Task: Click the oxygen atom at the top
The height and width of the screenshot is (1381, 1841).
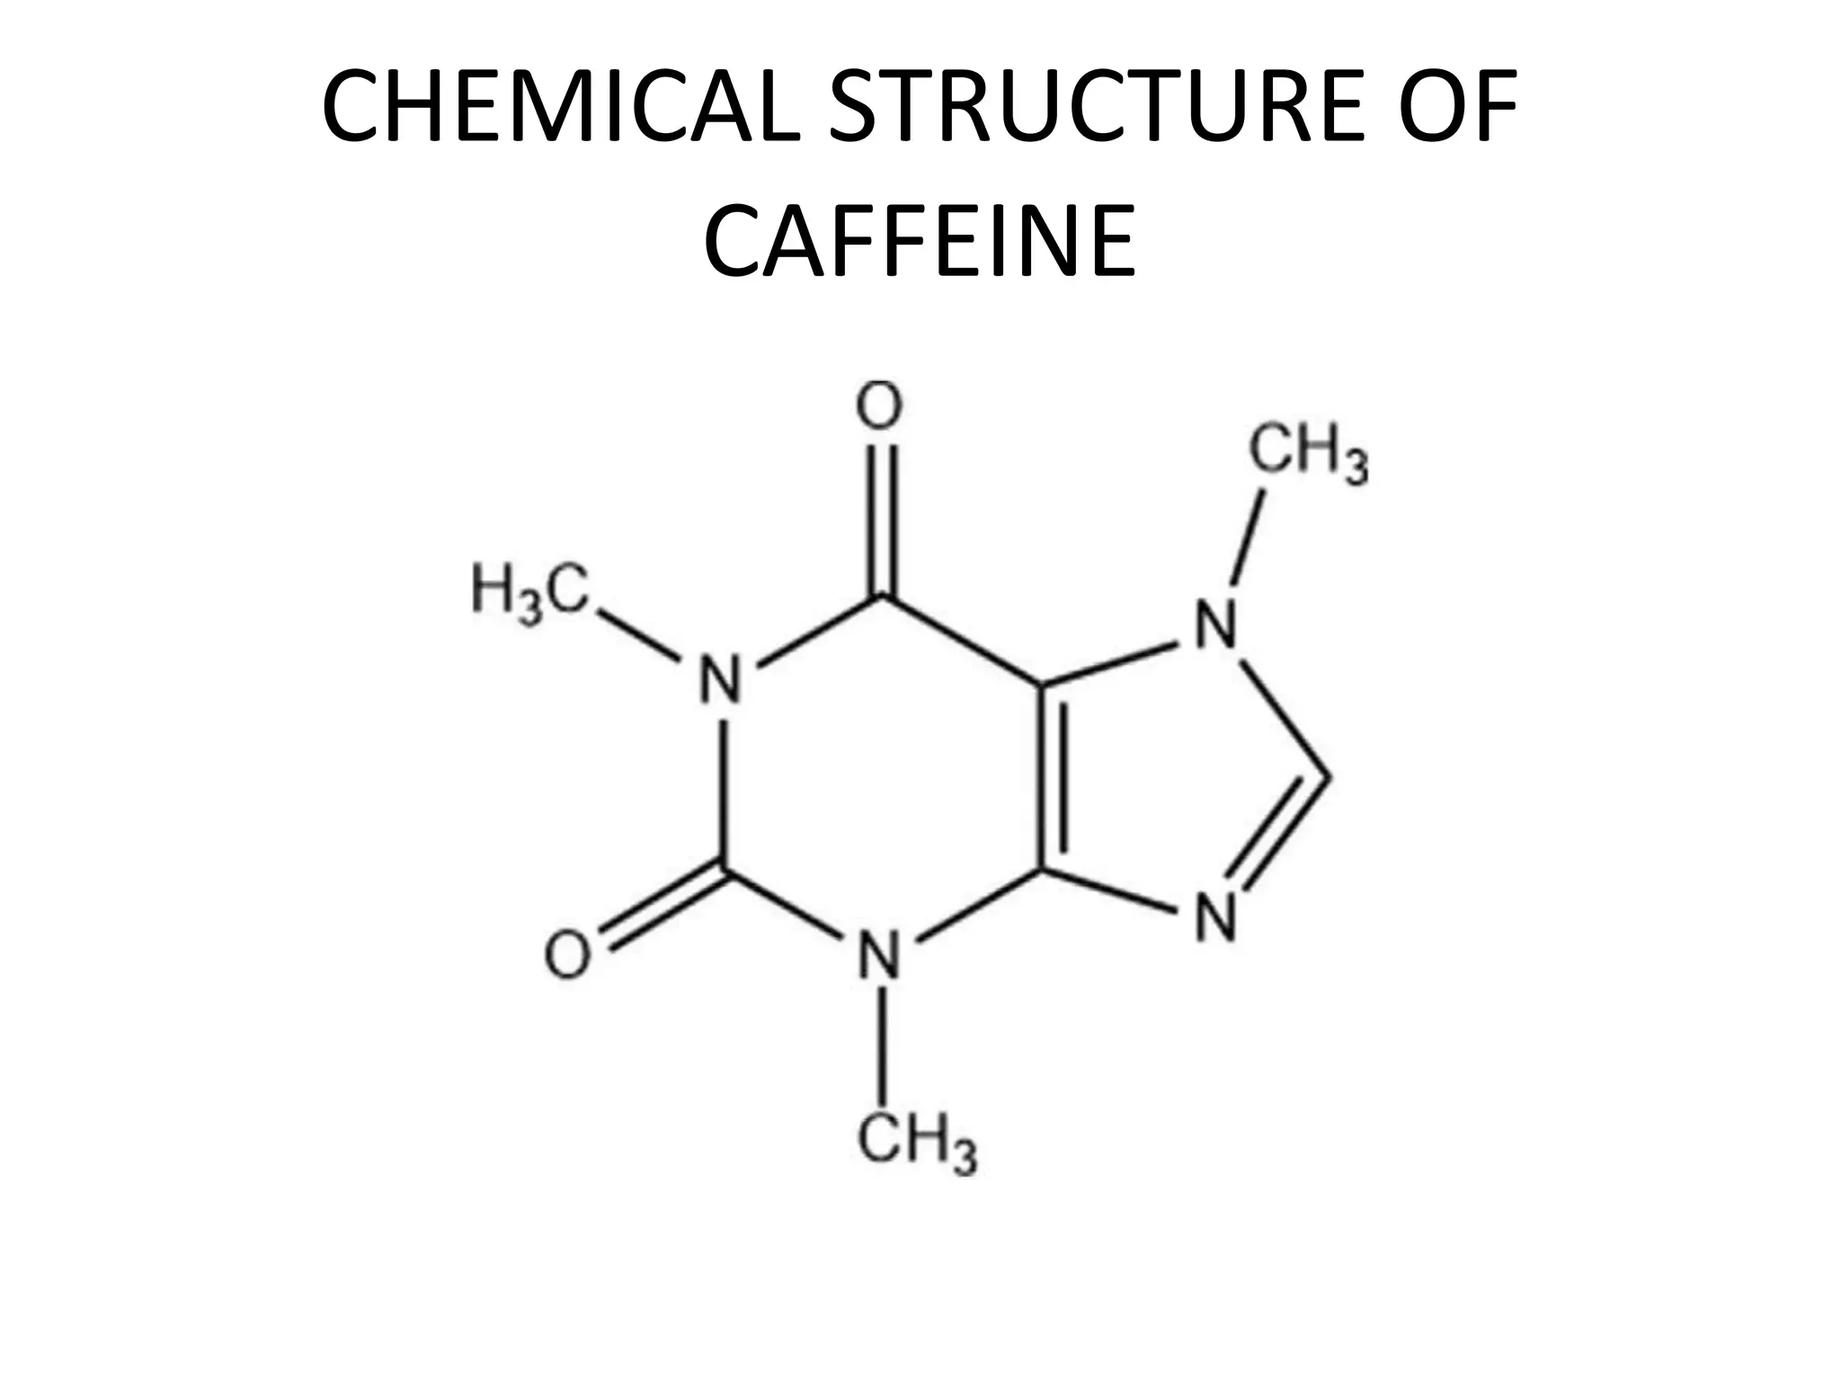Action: [x=878, y=407]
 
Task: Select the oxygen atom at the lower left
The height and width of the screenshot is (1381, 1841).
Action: [x=569, y=955]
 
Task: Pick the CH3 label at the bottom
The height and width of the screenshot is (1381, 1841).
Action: [x=916, y=1145]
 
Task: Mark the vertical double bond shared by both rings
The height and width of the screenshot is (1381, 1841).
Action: [x=1052, y=779]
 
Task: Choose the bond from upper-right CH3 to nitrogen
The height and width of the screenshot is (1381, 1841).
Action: [x=1248, y=538]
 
